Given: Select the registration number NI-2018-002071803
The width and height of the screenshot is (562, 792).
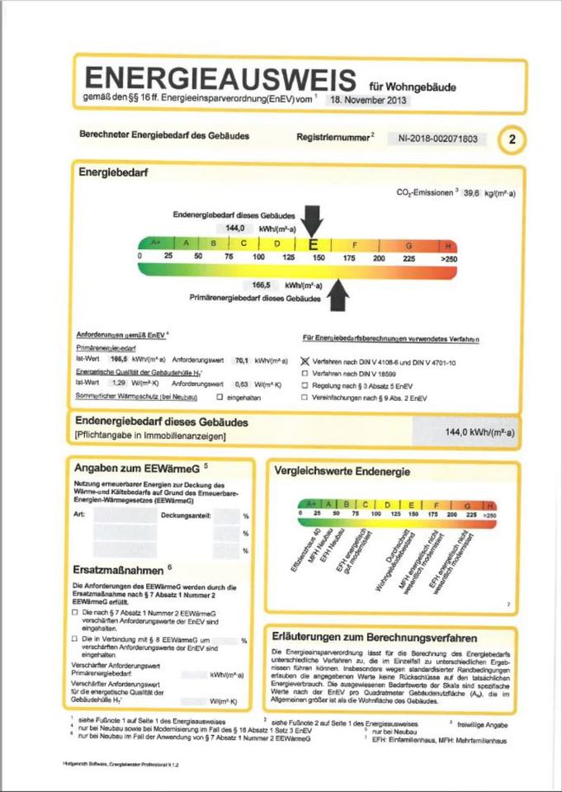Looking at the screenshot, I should coord(437,139).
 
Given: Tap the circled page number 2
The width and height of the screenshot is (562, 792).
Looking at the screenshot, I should coord(511,139).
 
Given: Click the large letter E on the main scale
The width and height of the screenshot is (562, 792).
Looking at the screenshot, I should coord(313,244).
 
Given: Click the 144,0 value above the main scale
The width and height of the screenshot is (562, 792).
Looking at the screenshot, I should coord(237,227).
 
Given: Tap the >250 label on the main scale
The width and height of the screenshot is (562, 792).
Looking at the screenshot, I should coord(448,259).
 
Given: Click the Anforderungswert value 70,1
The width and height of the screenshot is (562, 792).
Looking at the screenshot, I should coord(242,361).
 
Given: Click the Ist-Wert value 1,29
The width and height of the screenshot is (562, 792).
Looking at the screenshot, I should coord(118,384).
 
